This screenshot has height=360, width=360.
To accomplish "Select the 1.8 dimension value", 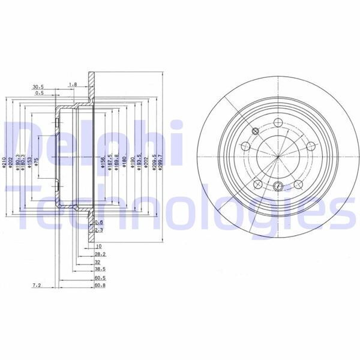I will click(73, 85).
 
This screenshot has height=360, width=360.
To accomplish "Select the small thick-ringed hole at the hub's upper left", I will click(256, 131).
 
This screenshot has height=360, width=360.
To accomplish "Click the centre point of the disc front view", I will click(277, 158).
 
